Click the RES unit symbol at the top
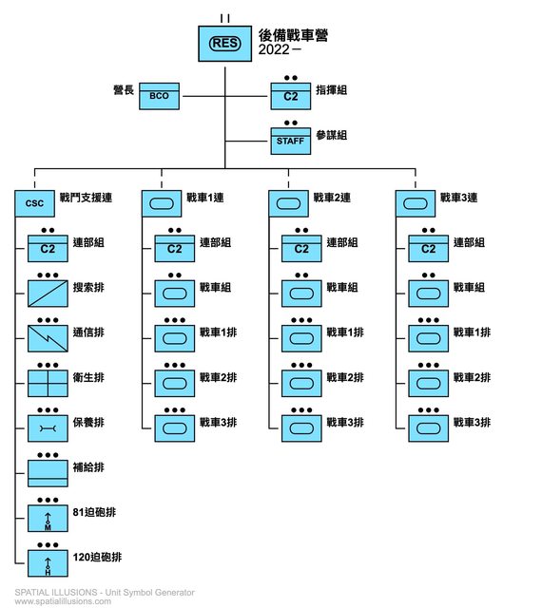pos(224,44)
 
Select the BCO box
pos(159,96)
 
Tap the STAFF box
pos(291,142)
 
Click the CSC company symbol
pos(34,203)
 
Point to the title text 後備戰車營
pos(293,35)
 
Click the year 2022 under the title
pos(274,49)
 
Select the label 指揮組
pos(331,90)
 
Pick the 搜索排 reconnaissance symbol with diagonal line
pos(48,294)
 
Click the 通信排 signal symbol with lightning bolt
pos(48,338)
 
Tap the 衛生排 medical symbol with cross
pos(48,384)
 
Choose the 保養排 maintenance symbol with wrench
pos(48,428)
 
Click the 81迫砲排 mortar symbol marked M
pos(48,519)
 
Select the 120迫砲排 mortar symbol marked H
pos(48,563)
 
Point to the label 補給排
pos(88,467)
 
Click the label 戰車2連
pos(332,198)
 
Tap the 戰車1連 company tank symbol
pos(162,203)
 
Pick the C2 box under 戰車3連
pos(428,249)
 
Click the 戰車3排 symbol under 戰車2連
pos(301,428)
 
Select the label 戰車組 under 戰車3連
pos(469,287)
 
